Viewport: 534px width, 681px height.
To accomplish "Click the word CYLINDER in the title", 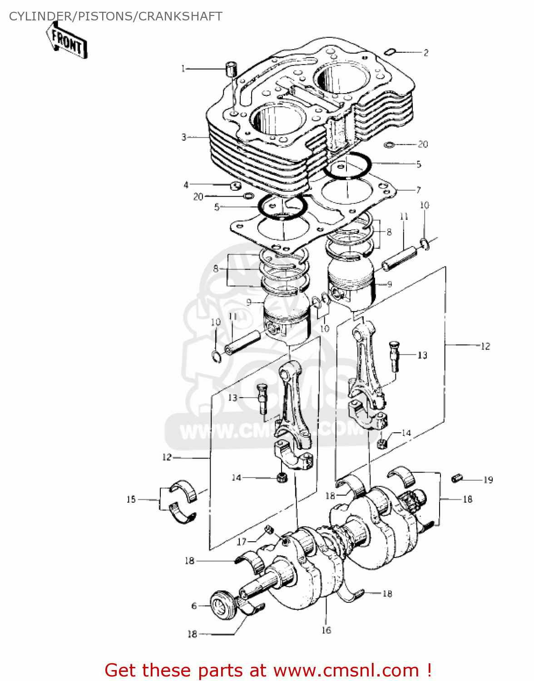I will [x=40, y=16].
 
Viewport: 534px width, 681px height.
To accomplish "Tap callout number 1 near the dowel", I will [x=183, y=69].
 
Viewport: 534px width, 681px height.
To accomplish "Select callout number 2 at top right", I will [x=425, y=53].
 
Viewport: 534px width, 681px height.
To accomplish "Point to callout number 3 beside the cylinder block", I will [x=184, y=137].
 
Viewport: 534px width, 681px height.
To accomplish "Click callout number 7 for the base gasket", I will [x=418, y=190].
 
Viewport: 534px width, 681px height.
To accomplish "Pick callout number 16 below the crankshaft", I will [x=326, y=630].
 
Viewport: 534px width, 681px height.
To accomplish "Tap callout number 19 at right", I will [x=488, y=480].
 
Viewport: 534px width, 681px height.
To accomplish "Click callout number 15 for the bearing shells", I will [x=131, y=499].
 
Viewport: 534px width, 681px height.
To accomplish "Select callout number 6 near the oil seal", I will [x=194, y=606].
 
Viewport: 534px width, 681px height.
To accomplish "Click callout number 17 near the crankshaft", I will [x=242, y=541].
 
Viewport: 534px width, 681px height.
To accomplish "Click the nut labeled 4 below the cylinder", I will [x=235, y=186].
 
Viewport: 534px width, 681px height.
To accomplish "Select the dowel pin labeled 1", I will [x=232, y=69].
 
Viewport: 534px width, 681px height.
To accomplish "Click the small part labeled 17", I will [x=268, y=529].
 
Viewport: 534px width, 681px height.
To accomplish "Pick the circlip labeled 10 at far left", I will [x=216, y=356].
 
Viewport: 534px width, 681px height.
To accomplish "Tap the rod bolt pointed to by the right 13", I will [x=394, y=355].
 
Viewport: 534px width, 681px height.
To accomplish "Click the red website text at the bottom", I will [x=268, y=670].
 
